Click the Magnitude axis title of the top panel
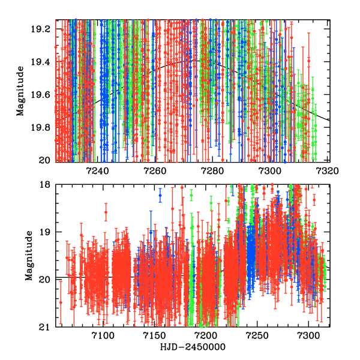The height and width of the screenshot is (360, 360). [20, 92]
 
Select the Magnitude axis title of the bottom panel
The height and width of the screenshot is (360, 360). [28, 256]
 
